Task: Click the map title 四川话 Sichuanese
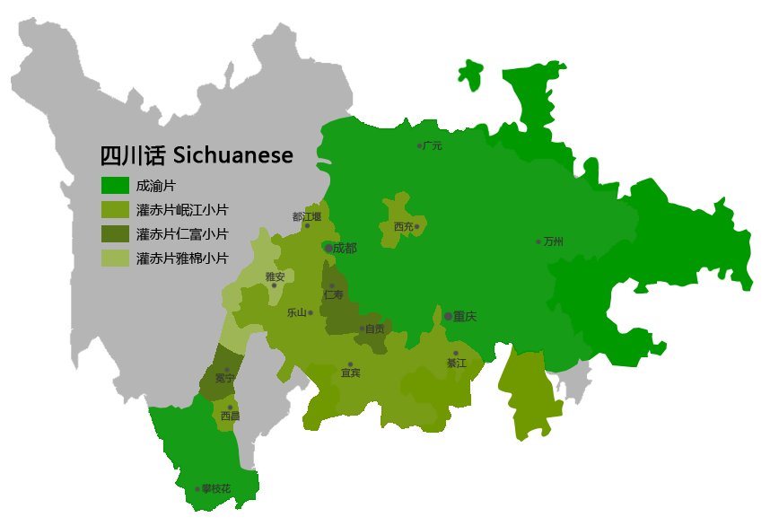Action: pos(196,155)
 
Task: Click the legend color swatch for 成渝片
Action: pos(114,186)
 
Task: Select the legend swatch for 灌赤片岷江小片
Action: pos(114,210)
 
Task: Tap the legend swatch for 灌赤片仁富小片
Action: pos(114,234)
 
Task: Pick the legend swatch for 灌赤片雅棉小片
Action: pos(114,259)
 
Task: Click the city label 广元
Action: pos(433,145)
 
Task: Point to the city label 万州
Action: pos(554,241)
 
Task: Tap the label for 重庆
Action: pos(464,316)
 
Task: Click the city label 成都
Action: pos(344,248)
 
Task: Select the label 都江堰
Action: pos(307,216)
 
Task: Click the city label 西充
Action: pos(403,227)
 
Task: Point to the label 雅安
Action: pos(275,277)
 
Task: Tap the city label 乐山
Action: pos(297,313)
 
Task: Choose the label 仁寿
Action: pos(333,294)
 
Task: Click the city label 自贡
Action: pos(374,329)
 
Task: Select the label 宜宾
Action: pos(351,373)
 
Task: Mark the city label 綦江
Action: pos(457,364)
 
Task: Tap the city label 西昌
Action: pos(230,416)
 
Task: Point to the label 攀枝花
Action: pos(216,488)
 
